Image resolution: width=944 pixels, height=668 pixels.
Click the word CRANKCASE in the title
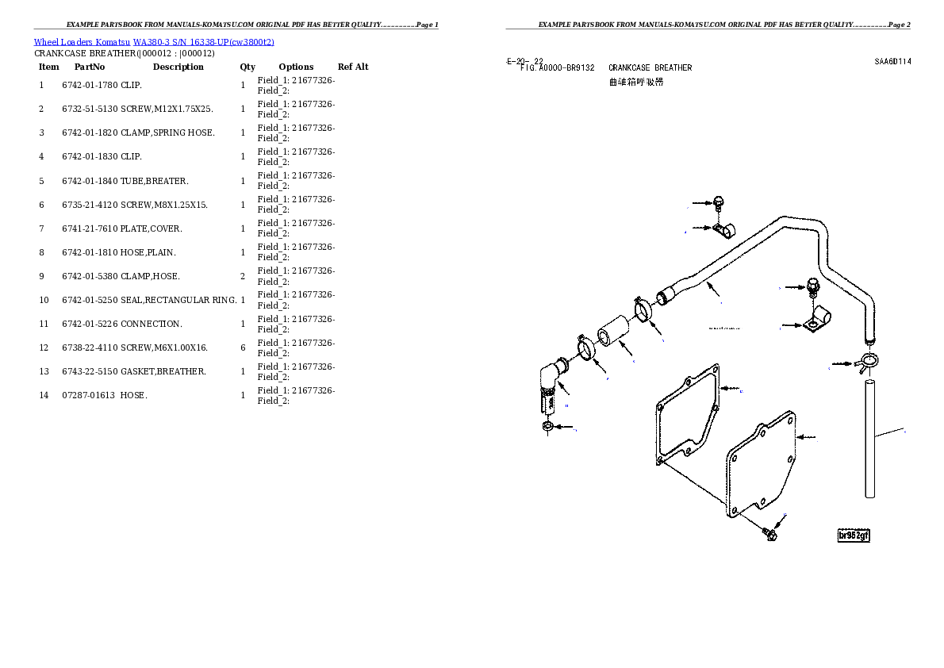629,68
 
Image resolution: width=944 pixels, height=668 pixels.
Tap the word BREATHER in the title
673,68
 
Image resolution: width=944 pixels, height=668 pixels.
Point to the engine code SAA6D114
892,61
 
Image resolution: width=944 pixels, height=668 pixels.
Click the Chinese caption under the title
635,82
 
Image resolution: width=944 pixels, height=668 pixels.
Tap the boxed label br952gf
854,536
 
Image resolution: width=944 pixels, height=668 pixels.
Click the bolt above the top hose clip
719,202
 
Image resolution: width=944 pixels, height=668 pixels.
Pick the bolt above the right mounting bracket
812,286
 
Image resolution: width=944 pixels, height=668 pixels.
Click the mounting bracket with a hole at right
816,323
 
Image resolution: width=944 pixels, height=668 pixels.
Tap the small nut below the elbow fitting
547,428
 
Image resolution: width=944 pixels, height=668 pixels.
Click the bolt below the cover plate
769,534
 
